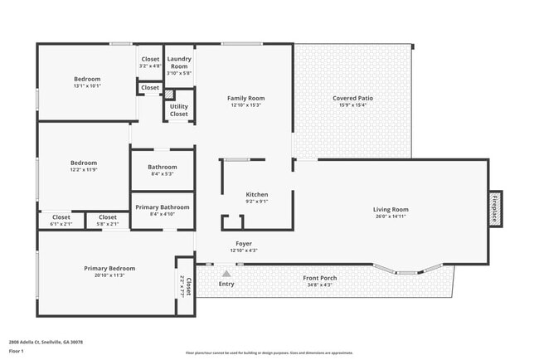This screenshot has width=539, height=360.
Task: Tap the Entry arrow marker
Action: [226, 273]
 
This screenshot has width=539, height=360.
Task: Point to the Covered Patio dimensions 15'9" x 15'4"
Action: [352, 105]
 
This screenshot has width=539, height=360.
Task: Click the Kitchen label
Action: [256, 194]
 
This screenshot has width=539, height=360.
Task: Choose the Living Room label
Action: [391, 210]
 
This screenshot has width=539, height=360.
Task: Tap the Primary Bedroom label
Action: [109, 268]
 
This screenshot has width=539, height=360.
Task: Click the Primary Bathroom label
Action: [163, 207]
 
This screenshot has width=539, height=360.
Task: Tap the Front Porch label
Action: [318, 278]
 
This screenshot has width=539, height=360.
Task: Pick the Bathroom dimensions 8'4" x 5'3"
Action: [163, 174]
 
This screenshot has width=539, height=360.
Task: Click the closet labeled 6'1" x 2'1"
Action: [61, 223]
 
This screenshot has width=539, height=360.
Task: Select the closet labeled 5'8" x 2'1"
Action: [108, 223]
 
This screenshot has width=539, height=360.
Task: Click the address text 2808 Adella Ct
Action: [46, 342]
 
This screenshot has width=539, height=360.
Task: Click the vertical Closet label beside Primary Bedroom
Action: [187, 285]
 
